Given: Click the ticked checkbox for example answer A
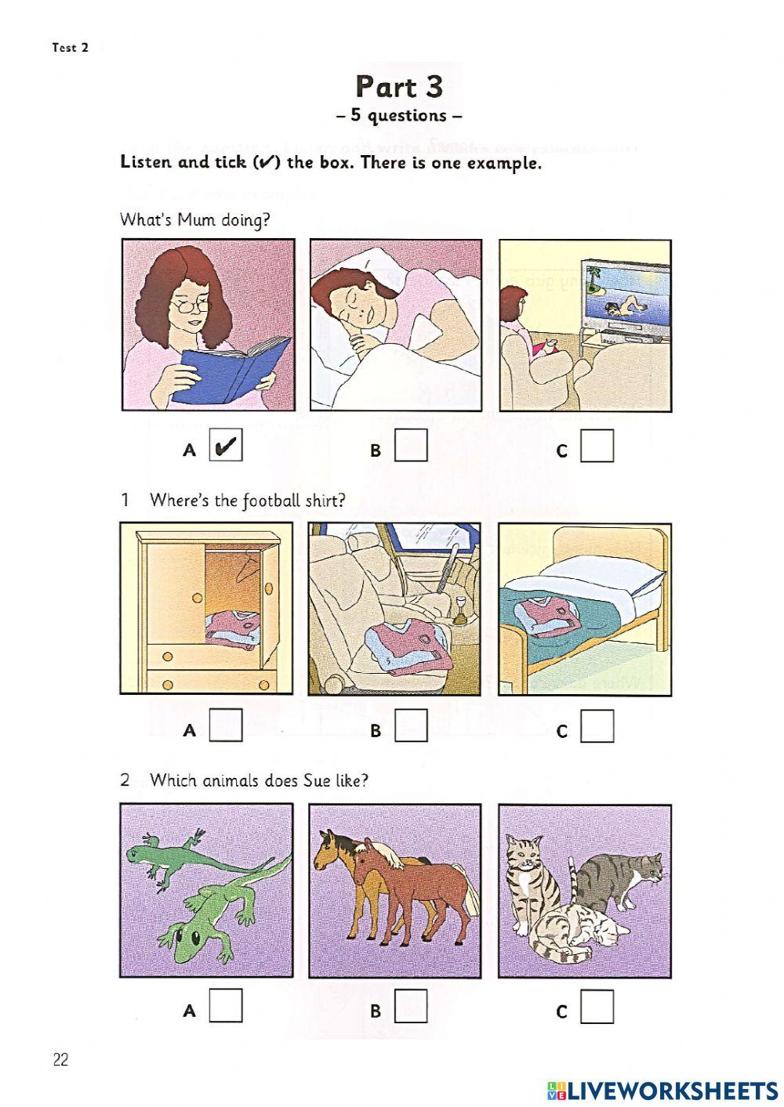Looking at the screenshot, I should tap(226, 446).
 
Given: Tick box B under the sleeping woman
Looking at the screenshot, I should tap(412, 446).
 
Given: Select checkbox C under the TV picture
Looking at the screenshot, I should tap(597, 446).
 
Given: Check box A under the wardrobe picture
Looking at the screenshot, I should tap(226, 725).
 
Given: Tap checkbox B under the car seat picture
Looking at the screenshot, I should tap(412, 725).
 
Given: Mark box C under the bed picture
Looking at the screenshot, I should tap(597, 726).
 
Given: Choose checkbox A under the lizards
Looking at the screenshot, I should tap(226, 1006).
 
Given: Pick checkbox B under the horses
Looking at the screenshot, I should tap(412, 1006).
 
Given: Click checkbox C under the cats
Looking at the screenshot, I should tap(597, 1007).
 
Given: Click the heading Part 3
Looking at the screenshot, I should tap(399, 86).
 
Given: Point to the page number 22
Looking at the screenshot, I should tap(61, 1060).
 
